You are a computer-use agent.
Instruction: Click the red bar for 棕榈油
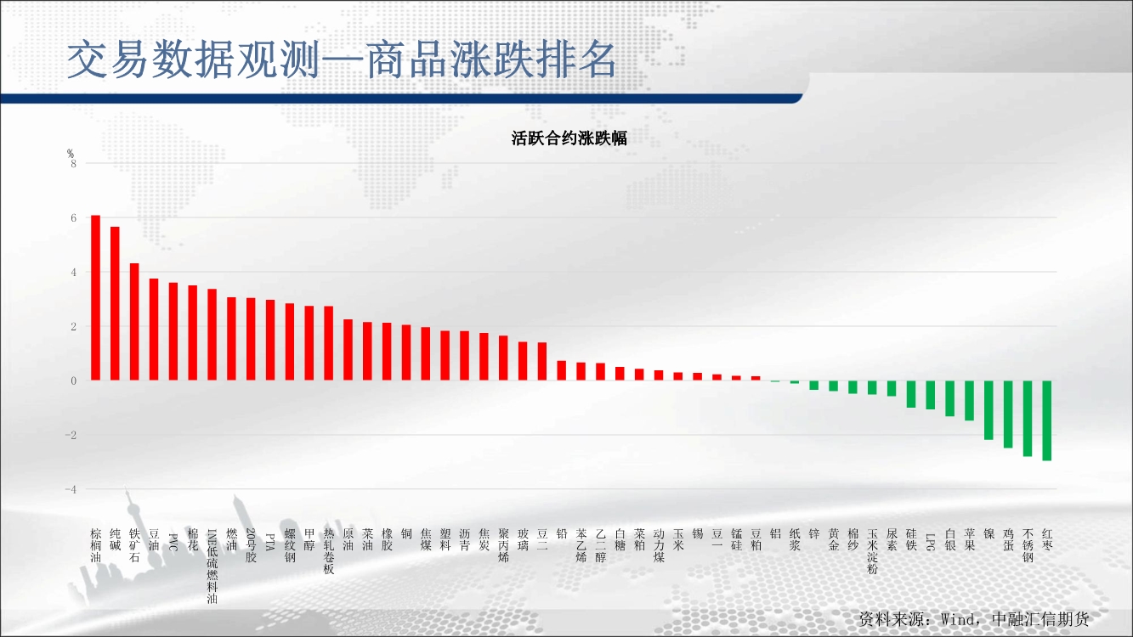coord(95,298)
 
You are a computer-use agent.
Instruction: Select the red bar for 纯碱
coord(115,303)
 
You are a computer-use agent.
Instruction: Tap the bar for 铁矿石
coord(134,322)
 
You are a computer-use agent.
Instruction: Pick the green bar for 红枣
coord(1047,420)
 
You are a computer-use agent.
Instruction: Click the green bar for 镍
coord(989,410)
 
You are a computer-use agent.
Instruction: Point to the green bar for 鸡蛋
coord(1008,414)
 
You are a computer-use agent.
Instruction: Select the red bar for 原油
coord(348,350)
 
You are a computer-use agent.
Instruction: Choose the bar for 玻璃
coord(523,361)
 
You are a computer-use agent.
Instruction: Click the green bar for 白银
coord(950,398)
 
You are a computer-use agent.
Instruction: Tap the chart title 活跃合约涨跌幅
coord(569,138)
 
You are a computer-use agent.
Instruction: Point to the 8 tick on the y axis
coord(74,164)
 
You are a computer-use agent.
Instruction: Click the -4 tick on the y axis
coord(71,489)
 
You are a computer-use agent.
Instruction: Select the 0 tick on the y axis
coord(74,381)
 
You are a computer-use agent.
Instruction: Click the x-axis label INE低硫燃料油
coord(212,567)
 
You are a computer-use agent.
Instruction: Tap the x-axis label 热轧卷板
coord(329,551)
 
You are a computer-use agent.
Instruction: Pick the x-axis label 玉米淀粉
coord(873,551)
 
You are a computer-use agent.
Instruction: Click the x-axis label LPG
coord(931,541)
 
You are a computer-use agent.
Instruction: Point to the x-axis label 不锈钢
coord(1028,545)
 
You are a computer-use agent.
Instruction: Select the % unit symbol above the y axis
coord(71,153)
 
